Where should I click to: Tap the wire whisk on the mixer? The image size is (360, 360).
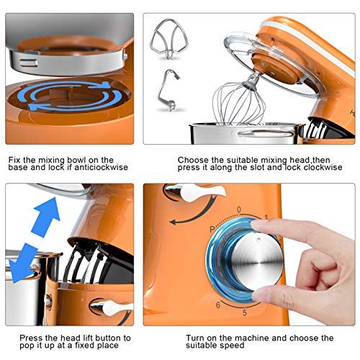239,103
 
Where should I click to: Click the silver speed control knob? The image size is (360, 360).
257,261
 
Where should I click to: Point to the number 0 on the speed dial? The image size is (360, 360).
239,210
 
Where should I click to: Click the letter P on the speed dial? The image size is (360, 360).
212,229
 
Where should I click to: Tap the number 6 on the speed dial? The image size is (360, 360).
218,305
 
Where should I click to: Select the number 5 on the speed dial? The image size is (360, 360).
244,312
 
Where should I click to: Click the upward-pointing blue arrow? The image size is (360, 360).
46,217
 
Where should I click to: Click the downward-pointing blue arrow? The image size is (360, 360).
23,263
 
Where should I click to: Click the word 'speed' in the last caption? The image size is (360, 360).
232,346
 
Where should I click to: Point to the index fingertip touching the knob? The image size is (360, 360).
256,225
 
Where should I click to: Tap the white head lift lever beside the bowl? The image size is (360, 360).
114,308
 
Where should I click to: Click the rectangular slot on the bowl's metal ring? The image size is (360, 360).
28,63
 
